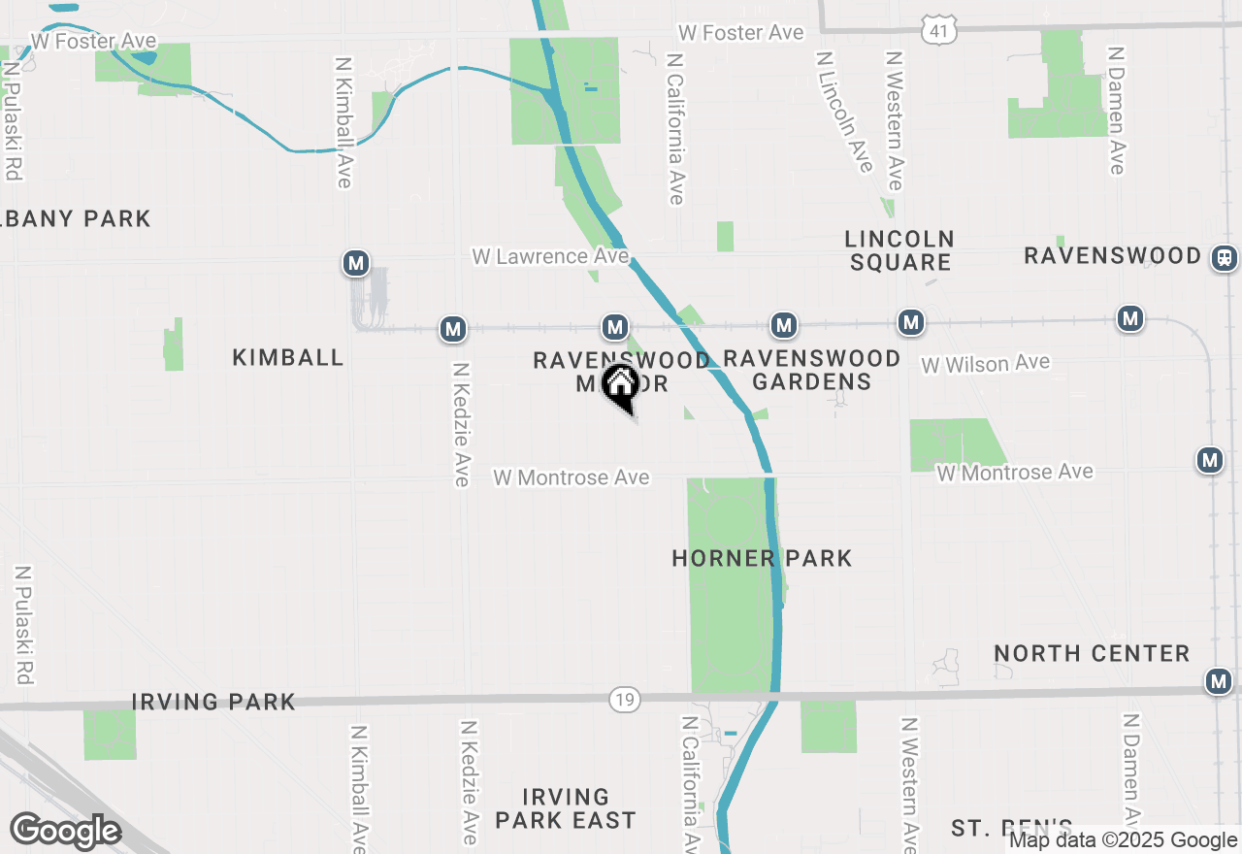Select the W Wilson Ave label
(985, 364)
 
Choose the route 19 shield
(623, 699)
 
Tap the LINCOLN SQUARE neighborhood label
(899, 250)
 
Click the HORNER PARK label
(762, 558)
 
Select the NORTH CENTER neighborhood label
(1092, 653)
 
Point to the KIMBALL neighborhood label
(288, 358)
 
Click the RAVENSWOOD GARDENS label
(812, 370)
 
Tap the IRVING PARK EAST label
(565, 809)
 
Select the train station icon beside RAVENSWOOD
(1225, 258)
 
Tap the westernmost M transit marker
(356, 263)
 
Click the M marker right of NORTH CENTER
(1219, 681)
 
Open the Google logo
(65, 831)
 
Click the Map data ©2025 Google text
(1123, 840)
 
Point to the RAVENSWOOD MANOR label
(621, 372)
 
